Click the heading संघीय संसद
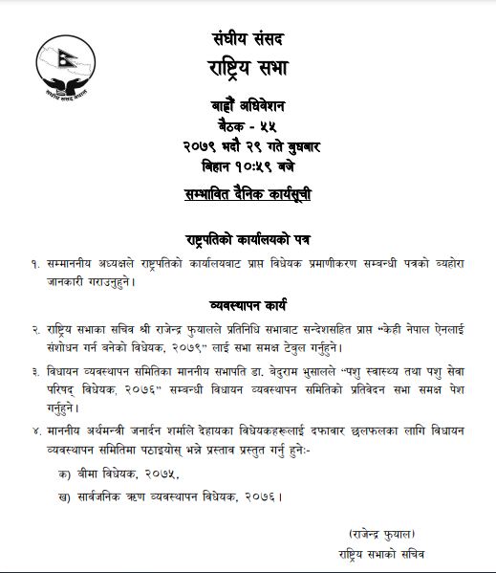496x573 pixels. click(x=248, y=39)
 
